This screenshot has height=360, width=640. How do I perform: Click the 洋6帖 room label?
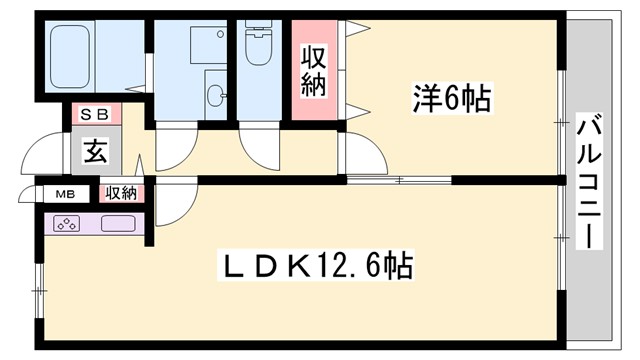pos(451,99)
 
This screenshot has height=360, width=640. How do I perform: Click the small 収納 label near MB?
pos(121,193)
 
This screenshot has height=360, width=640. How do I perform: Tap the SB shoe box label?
pos(95,114)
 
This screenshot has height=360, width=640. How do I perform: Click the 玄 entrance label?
pos(95,152)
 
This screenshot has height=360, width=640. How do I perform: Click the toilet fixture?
pos(260,44)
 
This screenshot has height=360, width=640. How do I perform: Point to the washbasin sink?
pos(215,96)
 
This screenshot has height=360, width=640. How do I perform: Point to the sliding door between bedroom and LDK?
pos(400,180)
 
